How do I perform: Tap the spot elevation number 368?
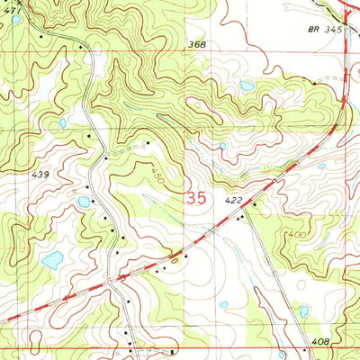196,44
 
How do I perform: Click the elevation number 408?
323,343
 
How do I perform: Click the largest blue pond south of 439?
52,261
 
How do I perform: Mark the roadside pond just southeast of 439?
84,202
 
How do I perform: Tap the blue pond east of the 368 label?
247,86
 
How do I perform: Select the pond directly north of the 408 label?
304,310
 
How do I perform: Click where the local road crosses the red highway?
114,281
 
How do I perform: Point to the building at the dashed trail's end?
148,141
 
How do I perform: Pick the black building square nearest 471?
41,38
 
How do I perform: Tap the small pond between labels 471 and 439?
62,123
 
